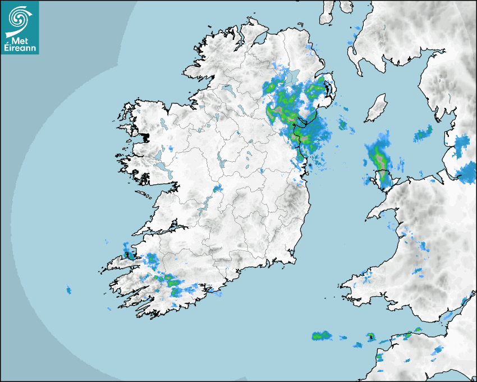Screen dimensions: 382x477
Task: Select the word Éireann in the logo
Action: click(21, 48)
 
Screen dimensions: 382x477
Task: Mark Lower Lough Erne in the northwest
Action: click(227, 89)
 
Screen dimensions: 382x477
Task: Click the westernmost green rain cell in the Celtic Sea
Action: click(321, 336)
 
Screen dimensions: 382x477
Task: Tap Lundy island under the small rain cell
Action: click(370, 337)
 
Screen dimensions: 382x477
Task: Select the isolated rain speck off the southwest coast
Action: click(69, 290)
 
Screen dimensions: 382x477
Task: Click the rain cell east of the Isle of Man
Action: click(423, 134)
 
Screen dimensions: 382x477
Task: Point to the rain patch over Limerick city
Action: click(218, 188)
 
